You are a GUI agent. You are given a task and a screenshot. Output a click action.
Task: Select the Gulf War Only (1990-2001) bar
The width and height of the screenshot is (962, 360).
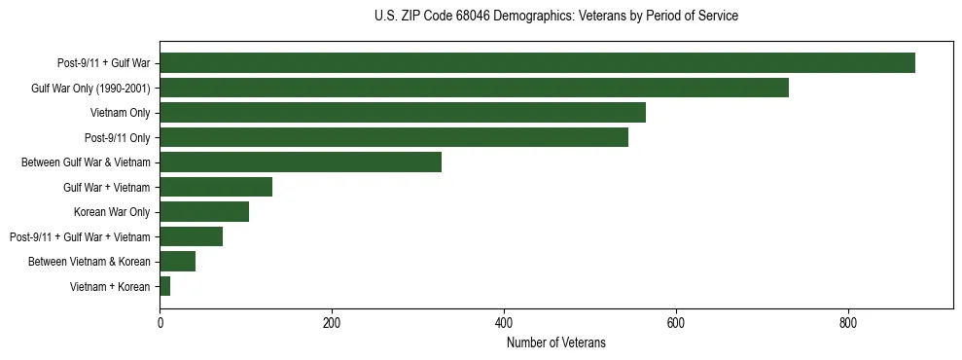click(474, 88)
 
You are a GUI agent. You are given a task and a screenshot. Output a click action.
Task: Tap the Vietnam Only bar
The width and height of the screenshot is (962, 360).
click(403, 113)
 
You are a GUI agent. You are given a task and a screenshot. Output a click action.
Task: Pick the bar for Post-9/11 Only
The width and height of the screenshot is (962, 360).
click(394, 137)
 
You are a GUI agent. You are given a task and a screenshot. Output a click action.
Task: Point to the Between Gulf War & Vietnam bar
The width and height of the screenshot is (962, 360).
click(301, 162)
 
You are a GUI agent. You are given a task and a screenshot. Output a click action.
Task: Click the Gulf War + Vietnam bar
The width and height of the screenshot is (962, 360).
click(216, 187)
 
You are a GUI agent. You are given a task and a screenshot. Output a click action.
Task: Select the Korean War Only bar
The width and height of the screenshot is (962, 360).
click(204, 212)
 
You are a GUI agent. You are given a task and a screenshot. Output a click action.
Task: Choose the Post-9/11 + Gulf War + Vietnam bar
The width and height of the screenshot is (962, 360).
click(192, 236)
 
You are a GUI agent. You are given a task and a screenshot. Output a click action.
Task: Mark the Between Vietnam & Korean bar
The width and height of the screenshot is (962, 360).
click(178, 262)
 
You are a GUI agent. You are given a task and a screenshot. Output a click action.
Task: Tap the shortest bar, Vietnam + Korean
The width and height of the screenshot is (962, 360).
click(165, 286)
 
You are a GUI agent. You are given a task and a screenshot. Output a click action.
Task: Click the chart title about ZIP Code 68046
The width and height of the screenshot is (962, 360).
click(555, 17)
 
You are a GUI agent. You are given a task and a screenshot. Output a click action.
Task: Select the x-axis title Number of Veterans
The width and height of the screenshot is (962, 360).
click(555, 342)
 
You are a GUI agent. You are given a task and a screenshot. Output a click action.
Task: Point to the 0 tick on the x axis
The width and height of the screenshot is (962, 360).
click(160, 322)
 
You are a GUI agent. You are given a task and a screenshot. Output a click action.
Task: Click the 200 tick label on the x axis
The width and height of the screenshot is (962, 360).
click(332, 322)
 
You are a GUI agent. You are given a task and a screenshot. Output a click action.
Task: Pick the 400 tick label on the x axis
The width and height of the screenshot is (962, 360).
click(504, 322)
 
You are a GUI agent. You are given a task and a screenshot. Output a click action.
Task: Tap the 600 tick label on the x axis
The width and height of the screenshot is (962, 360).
click(676, 322)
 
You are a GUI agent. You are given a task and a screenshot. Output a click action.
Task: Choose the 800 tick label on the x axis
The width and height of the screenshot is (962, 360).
click(847, 322)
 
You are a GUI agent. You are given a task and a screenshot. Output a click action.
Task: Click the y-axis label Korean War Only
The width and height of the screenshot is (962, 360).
click(112, 212)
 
